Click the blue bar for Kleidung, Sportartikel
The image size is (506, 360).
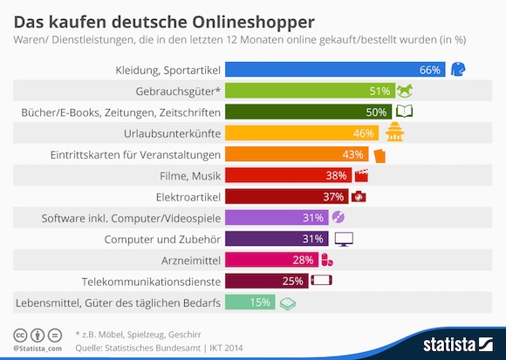(335, 69)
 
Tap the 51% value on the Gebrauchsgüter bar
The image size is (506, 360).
(379, 92)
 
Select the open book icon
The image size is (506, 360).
(404, 112)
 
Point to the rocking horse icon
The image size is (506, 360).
(404, 91)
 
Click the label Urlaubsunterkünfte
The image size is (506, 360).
(173, 133)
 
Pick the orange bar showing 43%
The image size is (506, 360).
(297, 154)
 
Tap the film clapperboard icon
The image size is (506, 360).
(361, 175)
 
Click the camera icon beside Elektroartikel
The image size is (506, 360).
(359, 196)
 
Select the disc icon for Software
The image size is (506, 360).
(338, 217)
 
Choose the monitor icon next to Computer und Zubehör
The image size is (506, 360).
(344, 239)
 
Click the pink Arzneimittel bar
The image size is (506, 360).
(271, 260)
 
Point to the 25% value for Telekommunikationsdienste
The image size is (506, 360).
(292, 282)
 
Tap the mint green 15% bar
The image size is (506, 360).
(250, 302)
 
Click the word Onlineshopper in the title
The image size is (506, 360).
(253, 23)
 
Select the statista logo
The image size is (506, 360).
(458, 344)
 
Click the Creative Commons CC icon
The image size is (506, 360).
(20, 336)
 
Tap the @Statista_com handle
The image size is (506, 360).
(38, 349)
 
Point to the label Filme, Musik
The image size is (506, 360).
(190, 176)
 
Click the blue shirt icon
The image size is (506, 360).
(458, 69)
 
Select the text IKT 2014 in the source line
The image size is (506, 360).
(226, 348)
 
